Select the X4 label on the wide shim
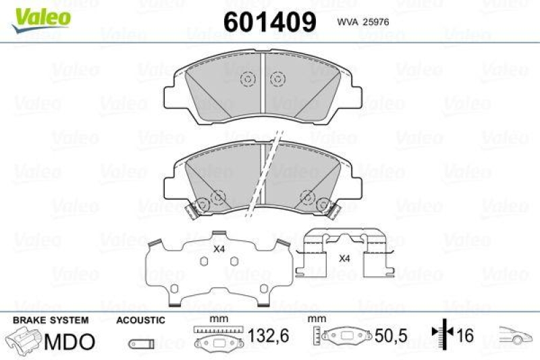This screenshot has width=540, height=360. (x=219, y=249)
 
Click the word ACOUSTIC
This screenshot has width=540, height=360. (x=140, y=320)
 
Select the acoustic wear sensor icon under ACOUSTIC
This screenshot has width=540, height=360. (x=140, y=344)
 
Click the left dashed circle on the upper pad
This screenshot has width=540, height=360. (x=247, y=80)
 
